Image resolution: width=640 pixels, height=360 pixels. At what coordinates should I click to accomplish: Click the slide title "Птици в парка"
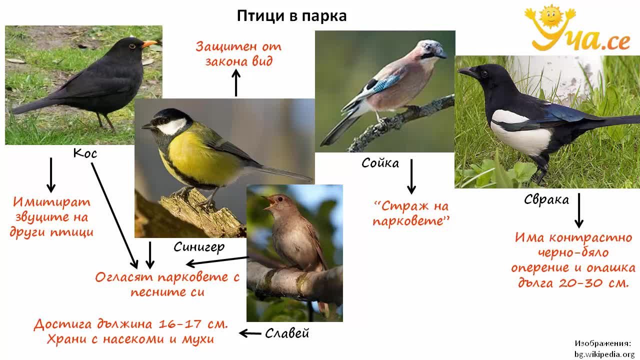pyautogui.click(x=291, y=16)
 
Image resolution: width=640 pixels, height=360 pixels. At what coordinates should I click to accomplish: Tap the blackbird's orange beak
pyautogui.click(x=149, y=43)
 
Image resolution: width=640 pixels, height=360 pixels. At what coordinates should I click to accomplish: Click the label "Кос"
pyautogui.click(x=85, y=153)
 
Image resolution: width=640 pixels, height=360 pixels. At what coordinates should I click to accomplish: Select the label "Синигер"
pyautogui.click(x=199, y=247)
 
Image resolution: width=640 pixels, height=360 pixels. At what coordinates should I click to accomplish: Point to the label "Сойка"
pyautogui.click(x=380, y=163)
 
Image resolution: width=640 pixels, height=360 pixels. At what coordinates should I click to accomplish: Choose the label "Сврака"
pyautogui.click(x=546, y=199)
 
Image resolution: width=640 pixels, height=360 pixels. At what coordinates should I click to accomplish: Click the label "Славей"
pyautogui.click(x=287, y=333)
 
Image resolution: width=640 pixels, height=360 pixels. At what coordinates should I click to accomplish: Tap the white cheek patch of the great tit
pyautogui.click(x=172, y=126)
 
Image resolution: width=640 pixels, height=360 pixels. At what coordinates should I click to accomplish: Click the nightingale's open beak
pyautogui.click(x=269, y=202)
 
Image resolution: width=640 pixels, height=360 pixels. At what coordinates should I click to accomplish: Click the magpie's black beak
pyautogui.click(x=467, y=71)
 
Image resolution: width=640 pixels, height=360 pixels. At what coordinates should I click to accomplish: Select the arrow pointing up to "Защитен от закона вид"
pyautogui.click(x=236, y=83)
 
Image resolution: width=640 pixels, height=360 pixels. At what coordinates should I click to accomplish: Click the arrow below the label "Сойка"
pyautogui.click(x=411, y=176)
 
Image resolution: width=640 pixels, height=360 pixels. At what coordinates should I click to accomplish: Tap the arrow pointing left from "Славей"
pyautogui.click(x=249, y=333)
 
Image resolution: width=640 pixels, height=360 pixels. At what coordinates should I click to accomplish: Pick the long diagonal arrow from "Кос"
pyautogui.click(x=114, y=215)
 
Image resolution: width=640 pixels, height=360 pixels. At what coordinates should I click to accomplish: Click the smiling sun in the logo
pyautogui.click(x=550, y=17)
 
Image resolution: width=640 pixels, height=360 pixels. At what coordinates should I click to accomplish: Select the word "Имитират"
pyautogui.click(x=51, y=202)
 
